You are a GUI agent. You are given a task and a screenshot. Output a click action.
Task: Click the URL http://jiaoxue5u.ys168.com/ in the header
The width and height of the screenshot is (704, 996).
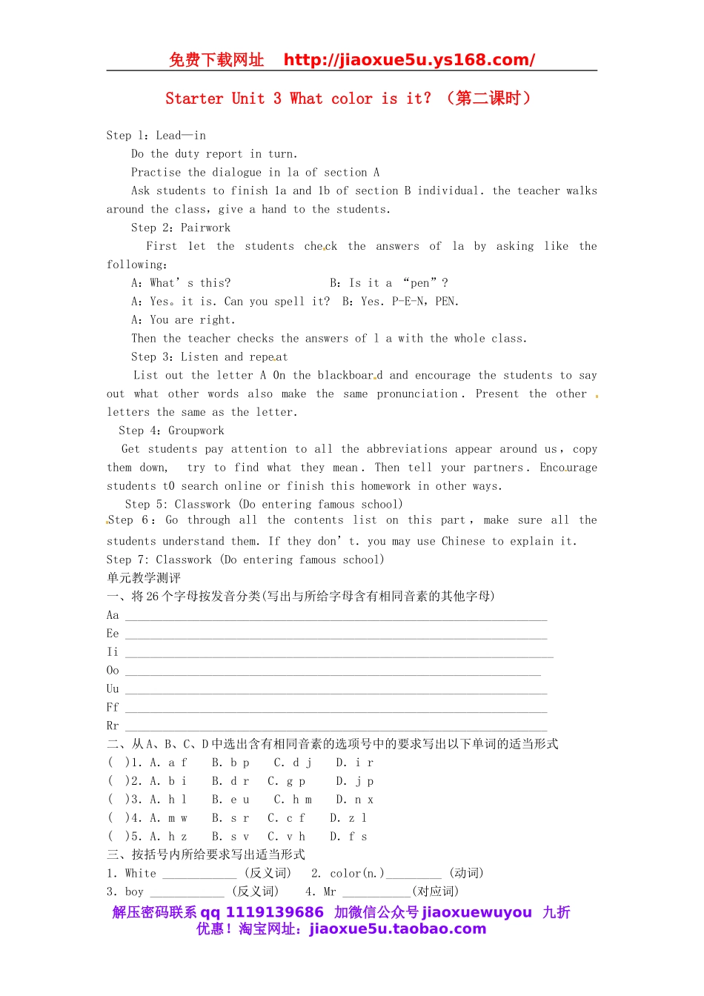point(409,60)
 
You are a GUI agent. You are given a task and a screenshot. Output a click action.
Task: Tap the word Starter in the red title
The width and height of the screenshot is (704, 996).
point(194,99)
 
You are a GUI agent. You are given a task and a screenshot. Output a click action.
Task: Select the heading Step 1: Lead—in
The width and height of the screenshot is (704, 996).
point(156,136)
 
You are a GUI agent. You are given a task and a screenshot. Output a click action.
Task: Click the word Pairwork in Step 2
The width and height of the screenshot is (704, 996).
point(205,228)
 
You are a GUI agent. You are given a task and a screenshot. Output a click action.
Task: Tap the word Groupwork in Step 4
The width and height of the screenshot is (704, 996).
point(196,431)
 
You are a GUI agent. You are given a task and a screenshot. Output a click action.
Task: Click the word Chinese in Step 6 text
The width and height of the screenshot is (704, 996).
point(463,542)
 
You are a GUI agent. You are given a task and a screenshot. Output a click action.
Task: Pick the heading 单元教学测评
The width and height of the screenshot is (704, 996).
point(144,578)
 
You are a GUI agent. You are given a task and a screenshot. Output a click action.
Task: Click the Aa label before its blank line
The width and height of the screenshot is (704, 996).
point(113,615)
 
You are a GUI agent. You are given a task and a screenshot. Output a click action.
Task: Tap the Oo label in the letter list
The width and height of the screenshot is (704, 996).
point(113,671)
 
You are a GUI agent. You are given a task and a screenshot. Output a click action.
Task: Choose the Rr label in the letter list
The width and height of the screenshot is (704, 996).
point(113,726)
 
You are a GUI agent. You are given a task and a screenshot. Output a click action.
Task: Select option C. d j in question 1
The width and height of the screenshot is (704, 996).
point(293,763)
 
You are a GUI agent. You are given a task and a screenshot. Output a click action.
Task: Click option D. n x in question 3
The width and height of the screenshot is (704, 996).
point(354,800)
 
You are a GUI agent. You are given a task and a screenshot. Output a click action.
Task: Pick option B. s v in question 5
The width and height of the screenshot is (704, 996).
point(230,837)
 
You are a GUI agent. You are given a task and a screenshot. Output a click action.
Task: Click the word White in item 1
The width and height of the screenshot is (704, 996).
point(141,874)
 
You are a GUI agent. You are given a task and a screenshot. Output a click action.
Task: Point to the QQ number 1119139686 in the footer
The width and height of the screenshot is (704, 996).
point(274,912)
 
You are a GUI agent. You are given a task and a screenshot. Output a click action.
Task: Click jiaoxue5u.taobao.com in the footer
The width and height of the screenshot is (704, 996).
point(397,929)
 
